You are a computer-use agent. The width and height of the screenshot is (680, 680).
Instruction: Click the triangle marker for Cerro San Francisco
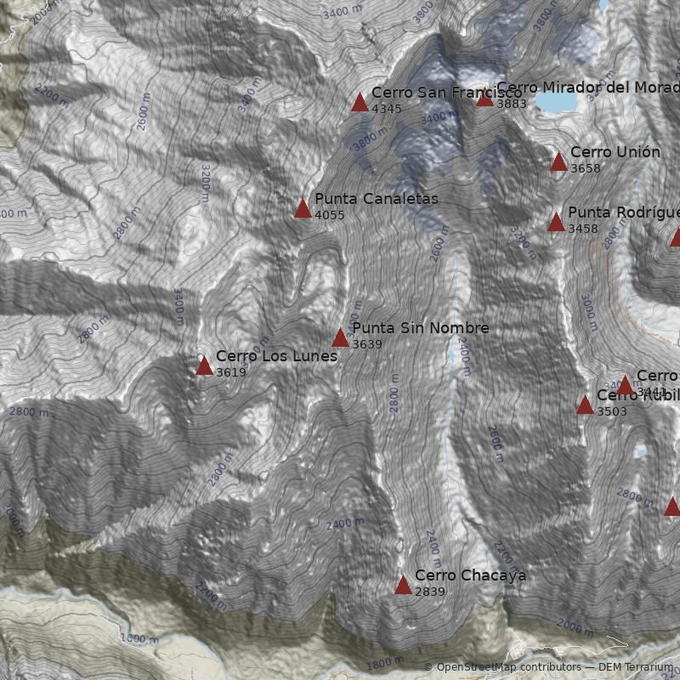click(360, 103)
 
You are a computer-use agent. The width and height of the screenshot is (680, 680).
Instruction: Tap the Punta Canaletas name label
click(377, 199)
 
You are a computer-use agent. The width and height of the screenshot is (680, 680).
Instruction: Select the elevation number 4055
click(330, 215)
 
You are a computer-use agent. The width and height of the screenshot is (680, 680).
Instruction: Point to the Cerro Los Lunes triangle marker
click(204, 365)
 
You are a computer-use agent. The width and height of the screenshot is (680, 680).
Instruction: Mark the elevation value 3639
click(367, 344)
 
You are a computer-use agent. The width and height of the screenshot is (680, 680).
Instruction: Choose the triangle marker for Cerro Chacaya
click(403, 585)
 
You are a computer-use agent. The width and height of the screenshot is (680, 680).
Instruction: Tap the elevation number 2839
click(430, 592)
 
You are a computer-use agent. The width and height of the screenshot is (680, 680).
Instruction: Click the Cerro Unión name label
click(615, 152)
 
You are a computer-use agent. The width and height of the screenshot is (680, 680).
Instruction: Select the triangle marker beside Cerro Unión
click(558, 161)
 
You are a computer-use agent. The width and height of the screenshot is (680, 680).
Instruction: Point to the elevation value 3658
click(586, 168)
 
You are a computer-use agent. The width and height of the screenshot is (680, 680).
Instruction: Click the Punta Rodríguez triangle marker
click(556, 222)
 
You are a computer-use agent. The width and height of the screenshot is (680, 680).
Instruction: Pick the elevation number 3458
click(583, 229)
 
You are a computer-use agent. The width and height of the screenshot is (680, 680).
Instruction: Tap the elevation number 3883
click(512, 104)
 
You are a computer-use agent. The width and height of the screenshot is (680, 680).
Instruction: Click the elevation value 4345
click(387, 109)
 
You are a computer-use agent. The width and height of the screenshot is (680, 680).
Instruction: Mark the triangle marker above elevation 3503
click(585, 405)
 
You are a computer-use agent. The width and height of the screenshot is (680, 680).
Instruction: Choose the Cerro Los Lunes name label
click(276, 356)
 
